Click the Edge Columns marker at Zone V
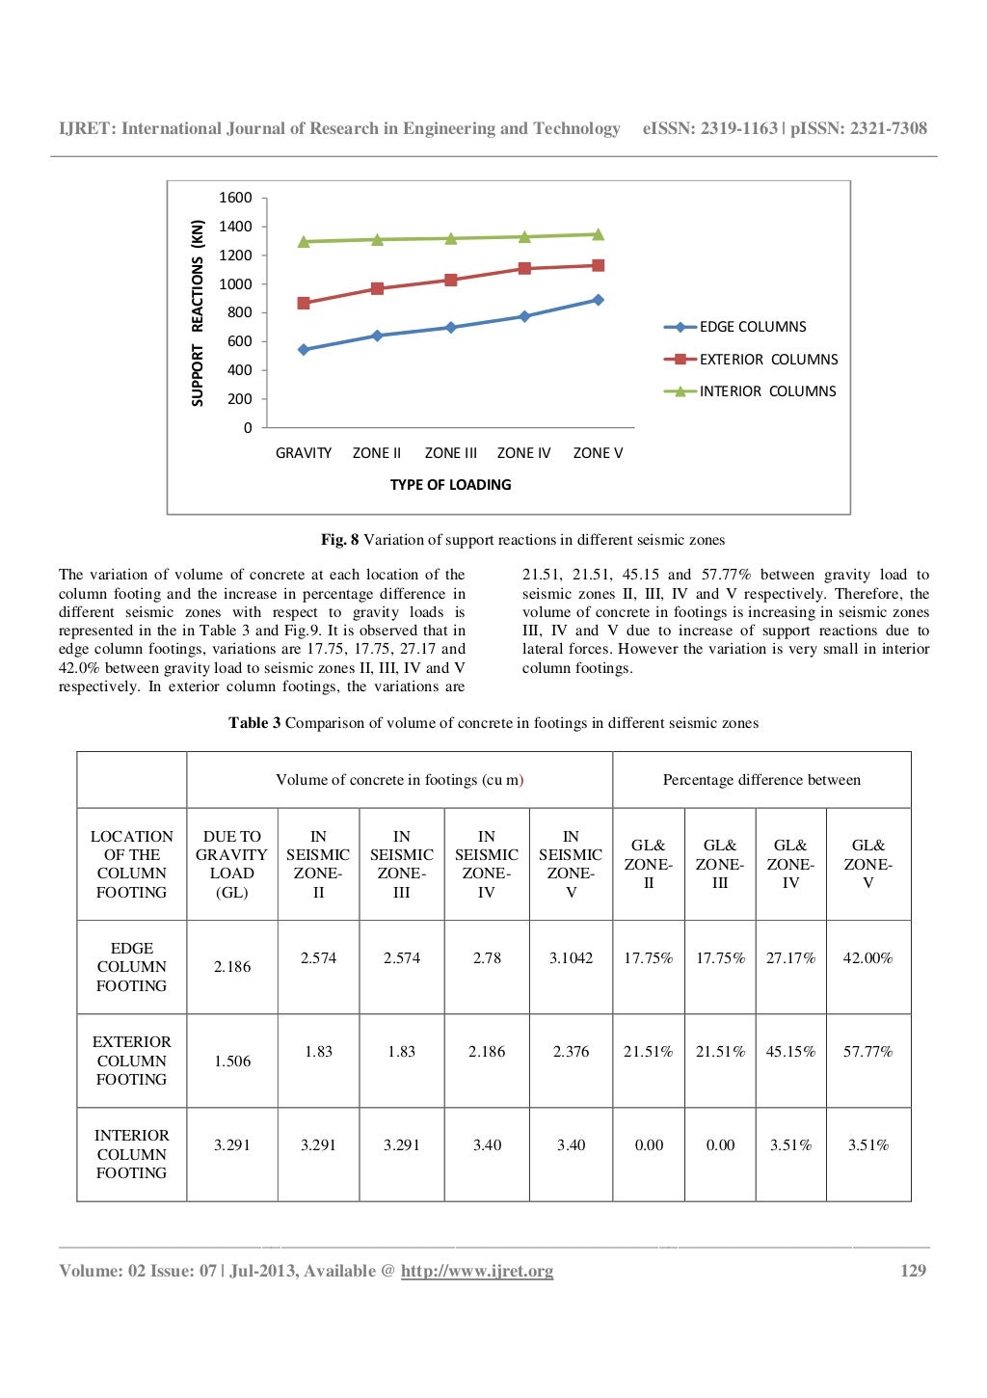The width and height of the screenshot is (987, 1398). [x=598, y=300]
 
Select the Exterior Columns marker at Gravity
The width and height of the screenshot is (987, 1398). [x=304, y=303]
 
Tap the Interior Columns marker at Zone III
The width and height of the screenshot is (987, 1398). [x=451, y=238]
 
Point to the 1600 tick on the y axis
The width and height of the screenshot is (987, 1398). [x=235, y=198]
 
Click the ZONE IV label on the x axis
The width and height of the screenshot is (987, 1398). [x=523, y=453]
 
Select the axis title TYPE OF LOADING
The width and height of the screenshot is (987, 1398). [x=450, y=485]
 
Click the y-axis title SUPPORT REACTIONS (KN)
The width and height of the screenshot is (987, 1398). [x=198, y=313]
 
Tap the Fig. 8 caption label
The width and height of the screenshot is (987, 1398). [x=339, y=540]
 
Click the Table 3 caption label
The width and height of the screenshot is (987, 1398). [x=254, y=723]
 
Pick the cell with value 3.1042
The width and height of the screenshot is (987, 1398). [x=571, y=958]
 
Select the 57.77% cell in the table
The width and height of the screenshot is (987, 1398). [x=867, y=1052]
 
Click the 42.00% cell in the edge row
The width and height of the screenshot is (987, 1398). [x=867, y=958]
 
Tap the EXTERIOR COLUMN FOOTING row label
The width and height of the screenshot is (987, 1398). [x=132, y=1061]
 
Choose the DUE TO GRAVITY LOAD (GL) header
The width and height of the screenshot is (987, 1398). [x=232, y=864]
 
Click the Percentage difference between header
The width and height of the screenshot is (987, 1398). [x=761, y=780]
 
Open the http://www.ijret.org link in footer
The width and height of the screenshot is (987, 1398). [x=477, y=1271]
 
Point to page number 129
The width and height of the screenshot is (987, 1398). [x=913, y=1271]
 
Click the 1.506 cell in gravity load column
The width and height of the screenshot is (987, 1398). [x=232, y=1062]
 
